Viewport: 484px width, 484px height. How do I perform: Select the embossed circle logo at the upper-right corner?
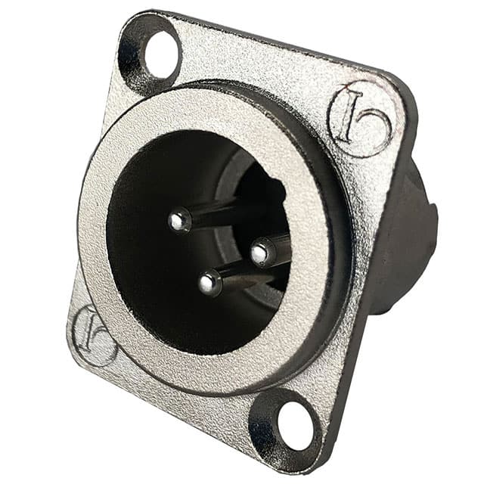point(360,119)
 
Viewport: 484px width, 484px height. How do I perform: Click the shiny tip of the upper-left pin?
point(178,220)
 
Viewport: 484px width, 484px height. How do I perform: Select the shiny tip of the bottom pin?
point(209,284)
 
